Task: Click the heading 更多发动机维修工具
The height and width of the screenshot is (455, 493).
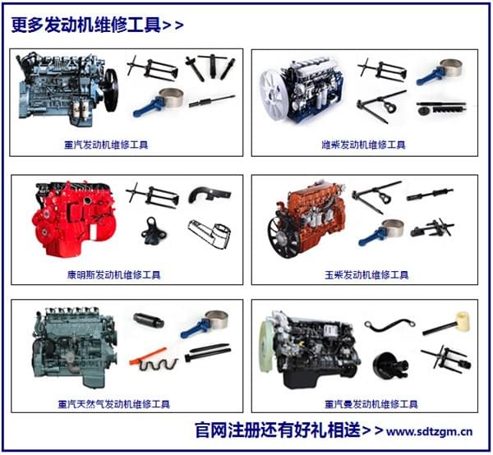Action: pyautogui.click(x=86, y=25)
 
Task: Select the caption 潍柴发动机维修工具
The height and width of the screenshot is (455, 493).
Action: pyautogui.click(x=362, y=145)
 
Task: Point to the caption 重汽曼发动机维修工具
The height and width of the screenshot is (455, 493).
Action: pyautogui.click(x=371, y=404)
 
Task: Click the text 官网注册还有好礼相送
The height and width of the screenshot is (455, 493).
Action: pyautogui.click(x=276, y=430)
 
